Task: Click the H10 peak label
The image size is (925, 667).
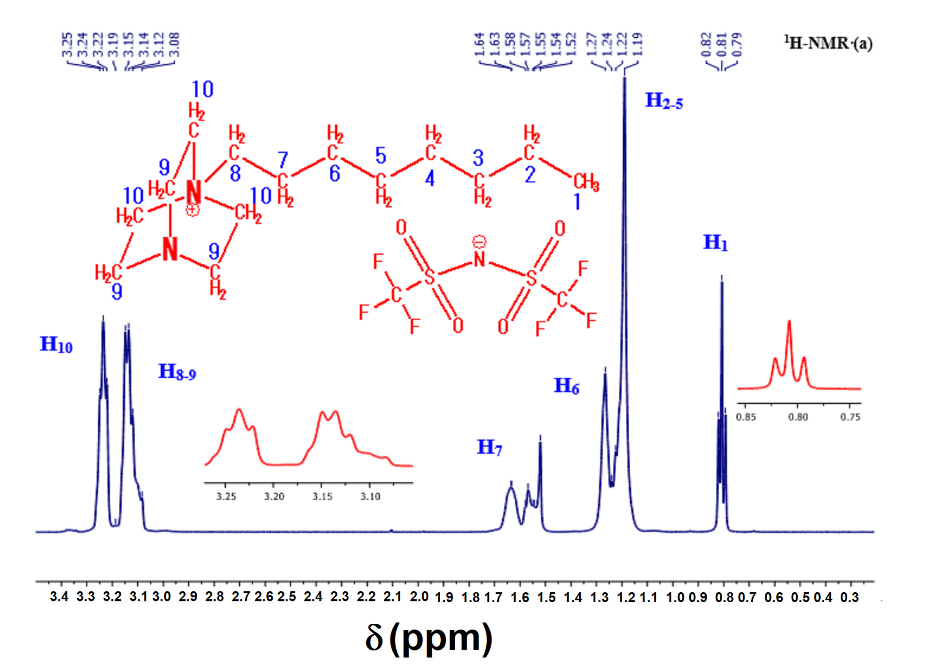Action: tap(56, 345)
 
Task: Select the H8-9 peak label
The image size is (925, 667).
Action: tap(177, 372)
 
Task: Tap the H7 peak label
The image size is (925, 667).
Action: tap(489, 447)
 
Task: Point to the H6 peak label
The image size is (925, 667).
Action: tap(566, 386)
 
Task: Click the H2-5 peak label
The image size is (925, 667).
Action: tap(663, 101)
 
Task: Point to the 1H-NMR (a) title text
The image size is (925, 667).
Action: tap(828, 43)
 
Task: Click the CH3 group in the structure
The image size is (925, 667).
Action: tap(586, 182)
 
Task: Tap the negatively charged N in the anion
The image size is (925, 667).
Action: tap(480, 259)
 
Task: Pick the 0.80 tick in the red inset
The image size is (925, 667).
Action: tap(798, 417)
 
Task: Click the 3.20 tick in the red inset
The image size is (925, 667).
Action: tap(274, 496)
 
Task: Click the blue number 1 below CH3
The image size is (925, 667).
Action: tap(577, 202)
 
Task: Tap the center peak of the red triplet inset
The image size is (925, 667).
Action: tap(789, 322)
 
